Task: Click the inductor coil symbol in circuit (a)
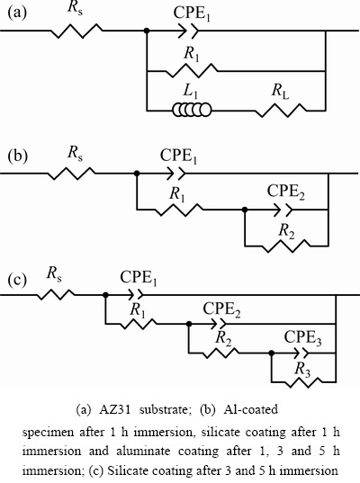pyautogui.click(x=192, y=110)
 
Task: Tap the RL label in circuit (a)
pyautogui.click(x=280, y=92)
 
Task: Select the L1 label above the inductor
pyautogui.click(x=191, y=91)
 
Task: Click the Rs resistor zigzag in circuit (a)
pyautogui.click(x=76, y=31)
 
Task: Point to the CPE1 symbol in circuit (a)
pyautogui.click(x=189, y=31)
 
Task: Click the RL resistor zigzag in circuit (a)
pyautogui.click(x=281, y=110)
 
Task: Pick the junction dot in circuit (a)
pyautogui.click(x=147, y=31)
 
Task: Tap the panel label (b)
pyautogui.click(x=17, y=156)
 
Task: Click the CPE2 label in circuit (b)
pyautogui.click(x=286, y=192)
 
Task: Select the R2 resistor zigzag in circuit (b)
pyautogui.click(x=286, y=246)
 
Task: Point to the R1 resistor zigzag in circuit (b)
pyautogui.click(x=178, y=210)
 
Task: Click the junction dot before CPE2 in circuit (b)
pyautogui.click(x=245, y=210)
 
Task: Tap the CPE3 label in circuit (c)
pyautogui.click(x=303, y=338)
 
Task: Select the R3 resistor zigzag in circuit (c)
pyautogui.click(x=303, y=382)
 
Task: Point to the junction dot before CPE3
pyautogui.click(x=272, y=353)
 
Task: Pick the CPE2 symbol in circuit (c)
pyautogui.click(x=219, y=324)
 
